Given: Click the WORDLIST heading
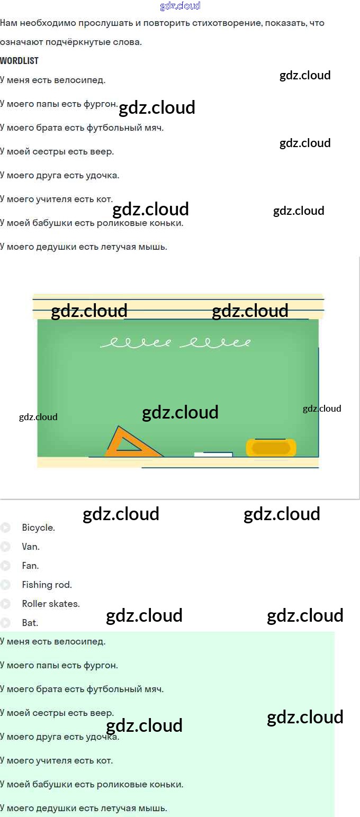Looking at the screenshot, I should click(x=20, y=61).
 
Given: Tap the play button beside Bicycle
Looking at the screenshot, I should click(x=6, y=528).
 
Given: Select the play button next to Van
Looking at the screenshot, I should click(x=6, y=547).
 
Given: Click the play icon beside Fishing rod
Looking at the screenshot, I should click(x=6, y=585).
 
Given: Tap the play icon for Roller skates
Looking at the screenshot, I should click(x=6, y=604).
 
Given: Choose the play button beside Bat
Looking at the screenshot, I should click(x=6, y=623).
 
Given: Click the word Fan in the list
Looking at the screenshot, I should click(x=30, y=566).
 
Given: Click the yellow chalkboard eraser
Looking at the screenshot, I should click(x=271, y=448).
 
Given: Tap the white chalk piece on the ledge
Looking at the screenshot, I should click(x=213, y=455).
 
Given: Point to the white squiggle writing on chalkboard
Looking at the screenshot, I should click(x=175, y=343).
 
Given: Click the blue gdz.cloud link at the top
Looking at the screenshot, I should click(x=180, y=6).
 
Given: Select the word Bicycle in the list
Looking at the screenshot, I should click(x=38, y=528).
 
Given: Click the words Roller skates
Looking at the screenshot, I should click(x=51, y=604).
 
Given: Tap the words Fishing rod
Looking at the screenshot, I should click(x=47, y=585).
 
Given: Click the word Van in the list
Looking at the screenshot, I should click(x=31, y=547).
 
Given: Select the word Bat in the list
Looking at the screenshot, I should click(x=30, y=623).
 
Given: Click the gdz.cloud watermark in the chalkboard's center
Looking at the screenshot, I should click(x=180, y=412).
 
